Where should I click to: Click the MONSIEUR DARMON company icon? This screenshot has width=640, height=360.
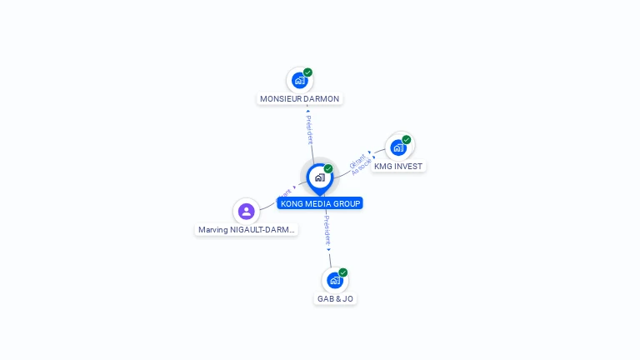point(299,81)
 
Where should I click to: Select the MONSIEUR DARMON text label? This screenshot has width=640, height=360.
point(299,98)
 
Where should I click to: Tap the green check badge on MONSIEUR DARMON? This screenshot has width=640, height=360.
point(307,72)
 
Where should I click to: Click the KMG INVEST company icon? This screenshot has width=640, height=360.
point(398,147)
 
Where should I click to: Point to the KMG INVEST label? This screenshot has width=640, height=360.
point(398,166)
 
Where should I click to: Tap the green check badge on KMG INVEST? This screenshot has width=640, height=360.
point(407,140)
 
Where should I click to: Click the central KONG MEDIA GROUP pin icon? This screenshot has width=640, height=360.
point(319,177)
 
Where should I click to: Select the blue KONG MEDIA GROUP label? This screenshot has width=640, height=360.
point(320,203)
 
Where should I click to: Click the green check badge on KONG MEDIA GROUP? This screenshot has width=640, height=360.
point(328,169)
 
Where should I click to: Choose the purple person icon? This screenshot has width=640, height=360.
point(246,211)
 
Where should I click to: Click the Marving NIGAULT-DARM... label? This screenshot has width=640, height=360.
point(247,229)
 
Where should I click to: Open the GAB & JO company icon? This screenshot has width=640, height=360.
point(334,280)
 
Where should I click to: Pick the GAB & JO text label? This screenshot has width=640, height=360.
point(335,298)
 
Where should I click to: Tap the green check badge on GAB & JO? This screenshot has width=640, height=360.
point(343,272)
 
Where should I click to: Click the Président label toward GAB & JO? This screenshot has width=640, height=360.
point(327,231)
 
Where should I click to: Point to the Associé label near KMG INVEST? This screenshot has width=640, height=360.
point(362,167)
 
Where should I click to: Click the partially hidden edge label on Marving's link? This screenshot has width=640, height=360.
point(286,192)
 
